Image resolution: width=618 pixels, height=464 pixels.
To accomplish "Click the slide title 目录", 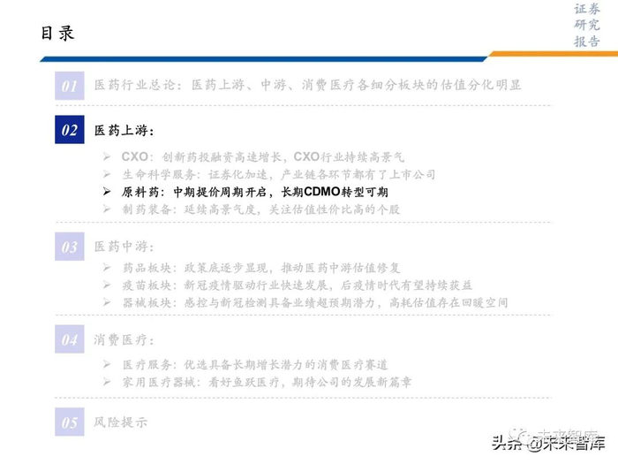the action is click(x=58, y=34).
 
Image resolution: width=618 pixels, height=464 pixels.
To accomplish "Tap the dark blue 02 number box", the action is click(x=69, y=131).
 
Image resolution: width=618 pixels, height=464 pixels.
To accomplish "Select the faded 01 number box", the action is click(x=69, y=86).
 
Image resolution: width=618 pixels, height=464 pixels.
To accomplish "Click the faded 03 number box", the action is click(x=69, y=247).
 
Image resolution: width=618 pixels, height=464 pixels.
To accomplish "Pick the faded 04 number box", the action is click(x=69, y=339).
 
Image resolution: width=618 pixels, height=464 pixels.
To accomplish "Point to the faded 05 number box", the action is click(x=69, y=422).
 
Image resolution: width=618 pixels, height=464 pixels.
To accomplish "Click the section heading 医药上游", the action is click(x=123, y=131).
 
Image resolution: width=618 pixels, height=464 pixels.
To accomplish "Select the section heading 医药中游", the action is click(x=123, y=247).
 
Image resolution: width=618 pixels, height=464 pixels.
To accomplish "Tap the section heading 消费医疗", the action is click(x=123, y=339).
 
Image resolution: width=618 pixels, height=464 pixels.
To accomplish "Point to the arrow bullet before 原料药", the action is click(x=107, y=192).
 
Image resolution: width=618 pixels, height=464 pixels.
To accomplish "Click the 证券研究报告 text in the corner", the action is click(x=587, y=26).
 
